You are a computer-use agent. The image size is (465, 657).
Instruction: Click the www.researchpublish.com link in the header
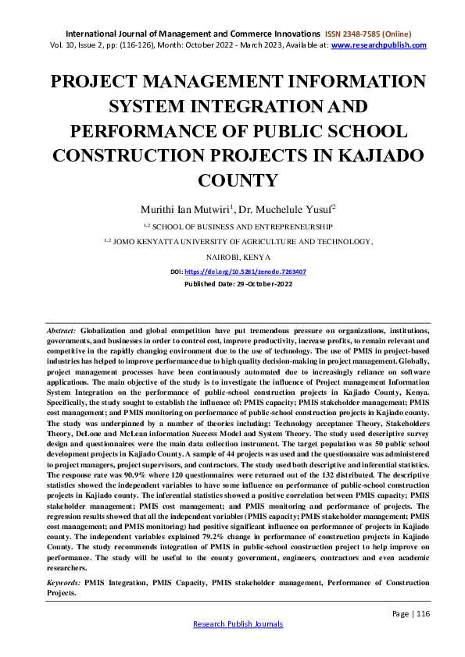point(379,45)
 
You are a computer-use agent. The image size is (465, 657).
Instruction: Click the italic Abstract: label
point(62,332)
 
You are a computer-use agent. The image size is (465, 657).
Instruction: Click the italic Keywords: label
point(63,582)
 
